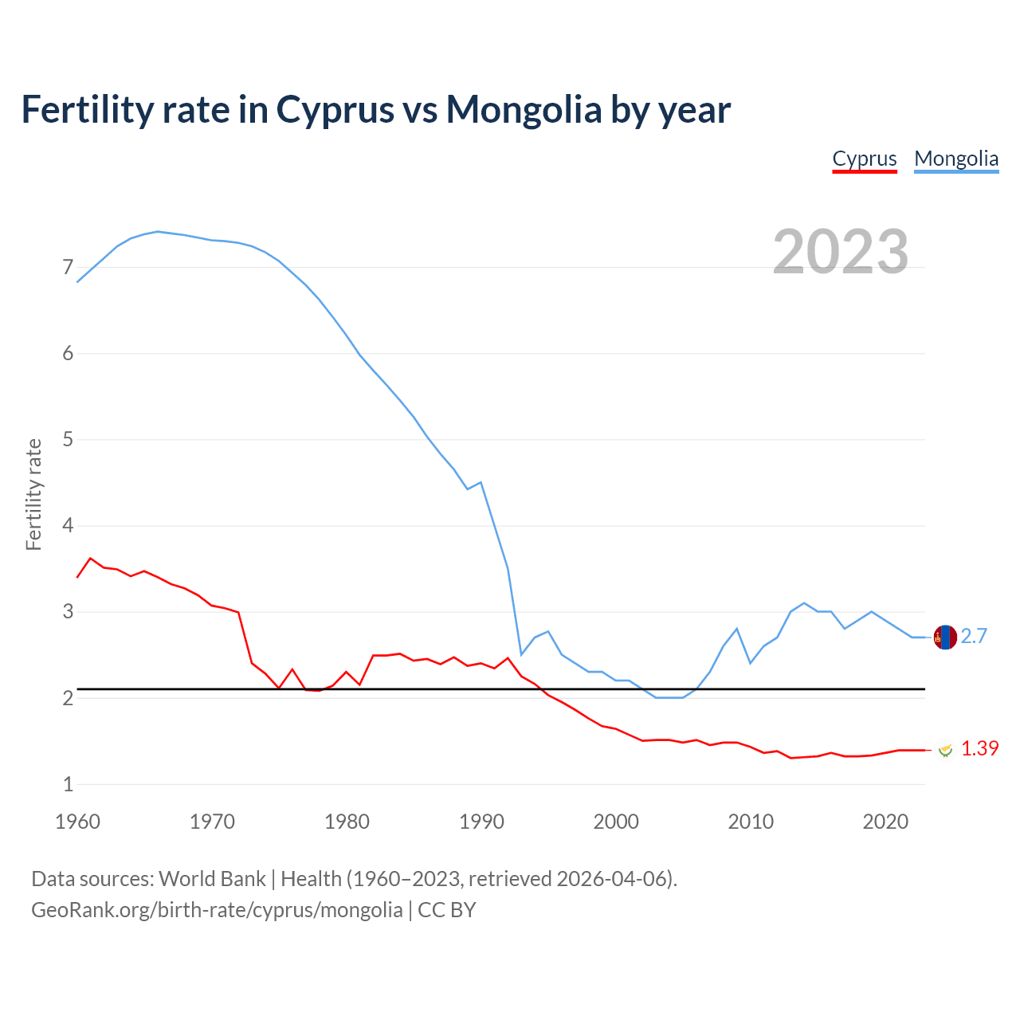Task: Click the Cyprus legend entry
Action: pos(865,159)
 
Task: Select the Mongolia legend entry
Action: pos(956,159)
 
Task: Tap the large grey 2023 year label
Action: pos(841,252)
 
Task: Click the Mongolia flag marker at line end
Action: pos(945,637)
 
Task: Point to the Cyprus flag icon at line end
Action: pos(945,749)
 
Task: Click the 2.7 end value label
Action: pos(974,636)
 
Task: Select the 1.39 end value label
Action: pos(979,748)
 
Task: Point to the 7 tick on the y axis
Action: pos(68,268)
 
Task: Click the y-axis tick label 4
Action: pos(68,526)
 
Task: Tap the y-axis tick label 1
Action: pos(68,784)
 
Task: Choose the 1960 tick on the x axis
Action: pos(77,822)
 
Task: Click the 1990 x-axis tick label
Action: pos(481,822)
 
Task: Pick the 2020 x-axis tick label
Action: pos(885,822)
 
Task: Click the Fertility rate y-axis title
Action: pos(33,494)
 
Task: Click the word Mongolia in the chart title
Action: pos(524,109)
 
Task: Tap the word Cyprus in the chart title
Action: pos(335,111)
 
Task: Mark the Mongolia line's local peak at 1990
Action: pos(481,482)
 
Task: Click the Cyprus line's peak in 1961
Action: pos(90,558)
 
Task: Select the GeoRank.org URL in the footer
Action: pos(217,910)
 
